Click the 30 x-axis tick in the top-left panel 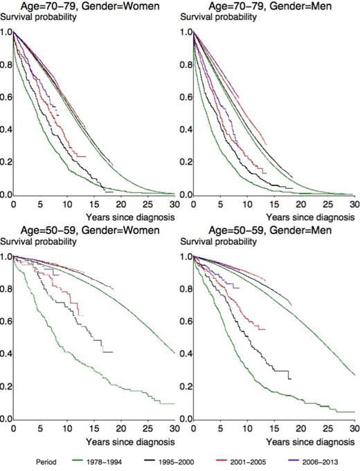pos(173,205)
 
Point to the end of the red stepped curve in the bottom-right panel pos(266,329)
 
